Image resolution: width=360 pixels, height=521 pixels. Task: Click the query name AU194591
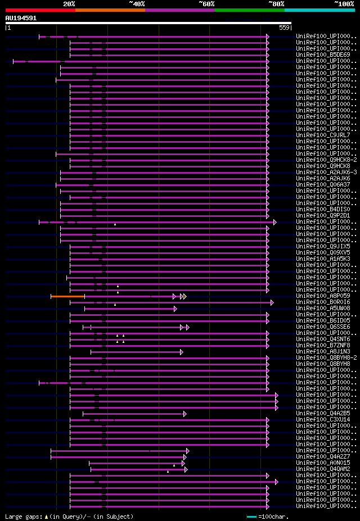pyautogui.click(x=21, y=18)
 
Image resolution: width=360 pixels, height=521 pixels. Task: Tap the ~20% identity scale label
pyautogui.click(x=69, y=3)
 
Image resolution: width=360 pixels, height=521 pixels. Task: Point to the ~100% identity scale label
pyautogui.click(x=344, y=3)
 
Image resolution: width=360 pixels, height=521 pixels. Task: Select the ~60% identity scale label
pyautogui.click(x=206, y=3)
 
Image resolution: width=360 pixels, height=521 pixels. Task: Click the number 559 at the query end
pyautogui.click(x=284, y=28)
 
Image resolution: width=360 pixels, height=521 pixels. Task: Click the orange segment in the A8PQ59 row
pyautogui.click(x=67, y=296)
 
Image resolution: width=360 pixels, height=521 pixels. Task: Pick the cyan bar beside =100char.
pyautogui.click(x=251, y=517)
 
